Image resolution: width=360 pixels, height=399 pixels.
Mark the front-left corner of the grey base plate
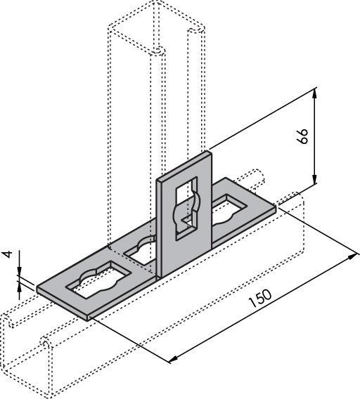pos(88,318)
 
